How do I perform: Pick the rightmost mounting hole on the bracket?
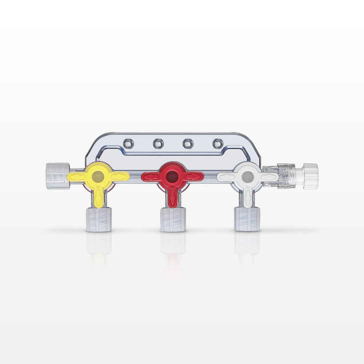click(x=217, y=142)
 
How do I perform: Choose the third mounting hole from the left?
click(x=187, y=142)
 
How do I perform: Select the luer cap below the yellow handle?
click(x=99, y=219)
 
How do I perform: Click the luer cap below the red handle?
click(x=173, y=219)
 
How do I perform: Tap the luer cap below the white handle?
click(x=247, y=219)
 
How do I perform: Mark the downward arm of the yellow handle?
click(x=99, y=195)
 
